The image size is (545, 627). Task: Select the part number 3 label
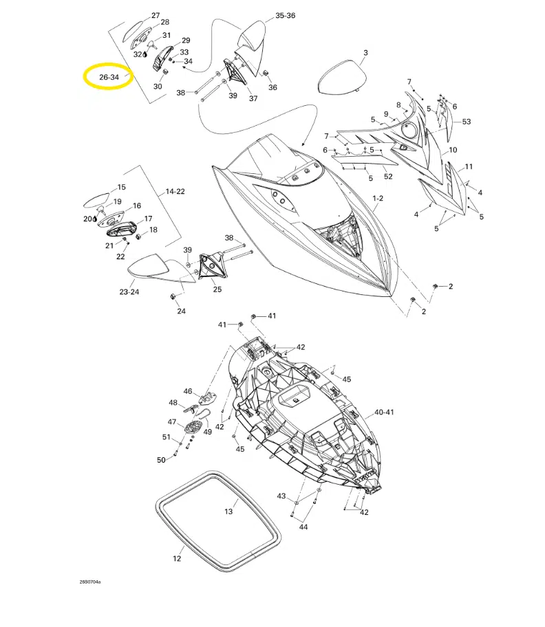365,53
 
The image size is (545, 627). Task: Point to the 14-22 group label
175,192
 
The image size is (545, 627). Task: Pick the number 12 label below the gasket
177,559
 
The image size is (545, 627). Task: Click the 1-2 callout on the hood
378,199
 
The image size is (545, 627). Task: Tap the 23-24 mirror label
129,292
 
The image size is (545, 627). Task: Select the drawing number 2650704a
89,582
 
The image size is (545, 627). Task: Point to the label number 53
467,122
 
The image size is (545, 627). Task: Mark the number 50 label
161,460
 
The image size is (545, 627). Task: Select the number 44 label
303,527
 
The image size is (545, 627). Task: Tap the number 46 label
188,391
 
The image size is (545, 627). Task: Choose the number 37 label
253,98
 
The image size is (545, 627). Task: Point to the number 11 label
469,167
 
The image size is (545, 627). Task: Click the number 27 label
156,15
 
